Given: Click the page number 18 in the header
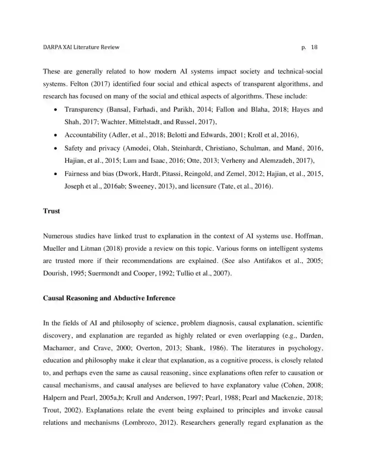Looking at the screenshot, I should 314,47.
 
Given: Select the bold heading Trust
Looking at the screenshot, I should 52,211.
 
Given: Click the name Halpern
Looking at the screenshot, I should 55,398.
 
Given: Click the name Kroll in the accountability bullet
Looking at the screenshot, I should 255,135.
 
